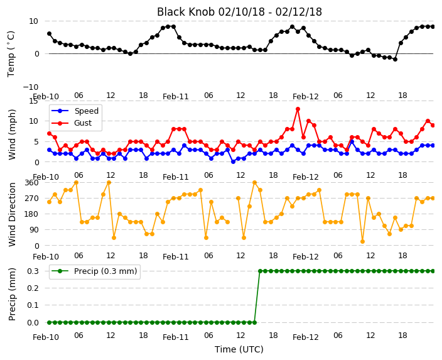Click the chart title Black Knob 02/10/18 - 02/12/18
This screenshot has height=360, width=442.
coord(239,12)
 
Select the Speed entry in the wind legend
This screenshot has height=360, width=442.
coord(86,111)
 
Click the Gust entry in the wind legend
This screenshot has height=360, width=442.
coord(83,123)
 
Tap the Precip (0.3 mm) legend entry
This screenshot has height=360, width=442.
coord(105,271)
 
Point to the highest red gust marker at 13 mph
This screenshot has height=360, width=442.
coord(298,109)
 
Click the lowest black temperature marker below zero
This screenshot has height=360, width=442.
coord(395,60)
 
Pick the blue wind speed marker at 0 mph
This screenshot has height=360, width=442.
coord(233,162)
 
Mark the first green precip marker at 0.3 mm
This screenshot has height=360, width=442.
coord(260,271)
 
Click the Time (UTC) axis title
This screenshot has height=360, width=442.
coord(239,349)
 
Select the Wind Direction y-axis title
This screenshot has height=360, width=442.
coord(12,214)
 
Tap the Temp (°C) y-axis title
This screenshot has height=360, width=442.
coord(11,54)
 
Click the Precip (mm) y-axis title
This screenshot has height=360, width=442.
coord(12,295)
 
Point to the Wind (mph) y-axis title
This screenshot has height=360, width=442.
coord(12,135)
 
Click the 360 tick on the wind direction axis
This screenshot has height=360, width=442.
coord(31,183)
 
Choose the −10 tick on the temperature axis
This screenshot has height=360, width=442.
coord(30,87)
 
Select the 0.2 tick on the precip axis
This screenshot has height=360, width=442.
coord(33,288)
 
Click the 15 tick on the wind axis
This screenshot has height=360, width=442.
coord(33,101)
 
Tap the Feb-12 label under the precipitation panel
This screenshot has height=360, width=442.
coord(306,337)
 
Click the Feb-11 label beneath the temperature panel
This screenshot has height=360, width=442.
coord(176,97)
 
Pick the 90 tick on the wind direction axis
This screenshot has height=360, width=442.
coord(34,230)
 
